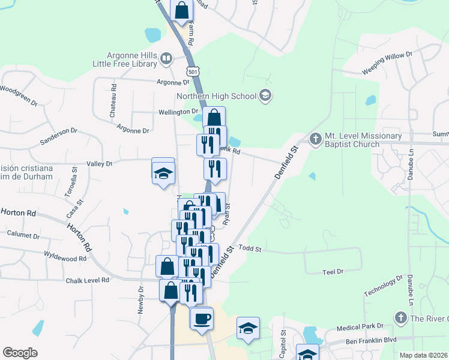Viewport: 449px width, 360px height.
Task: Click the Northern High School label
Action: pos(216,96)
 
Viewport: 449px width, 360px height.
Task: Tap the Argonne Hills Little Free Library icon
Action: pos(166,58)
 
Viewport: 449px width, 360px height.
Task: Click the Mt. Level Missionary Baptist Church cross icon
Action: pos(316,139)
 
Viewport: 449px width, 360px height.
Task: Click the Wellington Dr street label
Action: pos(178,112)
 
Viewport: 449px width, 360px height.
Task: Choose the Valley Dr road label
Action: pos(100,163)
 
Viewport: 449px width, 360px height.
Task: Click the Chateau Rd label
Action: pos(113,101)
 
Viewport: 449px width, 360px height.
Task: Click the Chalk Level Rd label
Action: pos(88,280)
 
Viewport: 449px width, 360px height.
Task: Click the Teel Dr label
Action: pos(332,272)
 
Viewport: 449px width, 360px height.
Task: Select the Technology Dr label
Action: pos(382,287)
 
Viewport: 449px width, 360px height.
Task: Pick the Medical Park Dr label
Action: pos(358,328)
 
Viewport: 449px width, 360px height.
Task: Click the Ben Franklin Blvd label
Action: pos(371,340)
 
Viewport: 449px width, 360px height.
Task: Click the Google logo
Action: pos(20,353)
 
